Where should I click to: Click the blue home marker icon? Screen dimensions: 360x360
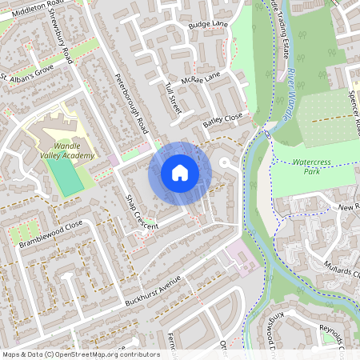pos(180,173)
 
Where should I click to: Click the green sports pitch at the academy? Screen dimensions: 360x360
pos(69,179)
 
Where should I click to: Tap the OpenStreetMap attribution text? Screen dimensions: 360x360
pos(81,354)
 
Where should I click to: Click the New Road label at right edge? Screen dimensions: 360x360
pos(349,206)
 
